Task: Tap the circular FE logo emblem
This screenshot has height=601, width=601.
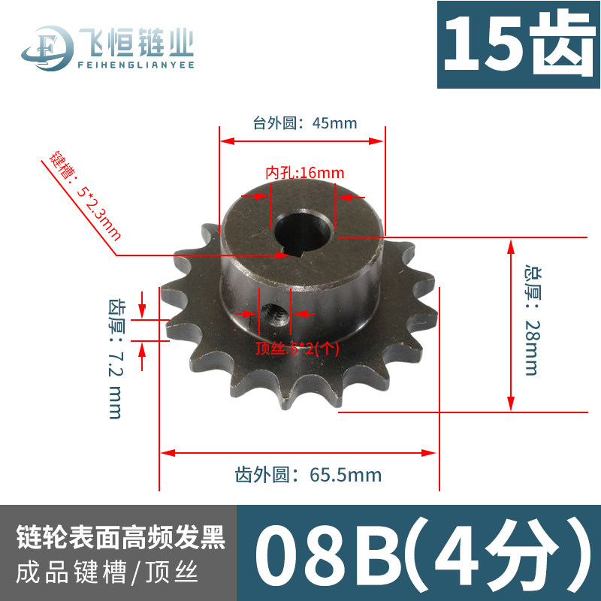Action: click(47, 48)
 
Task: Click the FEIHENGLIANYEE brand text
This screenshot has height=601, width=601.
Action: click(136, 65)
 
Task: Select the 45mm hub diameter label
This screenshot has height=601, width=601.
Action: click(305, 123)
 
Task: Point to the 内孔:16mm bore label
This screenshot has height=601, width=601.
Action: click(305, 173)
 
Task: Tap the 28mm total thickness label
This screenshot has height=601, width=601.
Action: click(533, 320)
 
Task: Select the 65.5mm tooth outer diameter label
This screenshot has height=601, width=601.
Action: click(308, 475)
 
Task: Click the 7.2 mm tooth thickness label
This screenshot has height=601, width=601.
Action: click(116, 359)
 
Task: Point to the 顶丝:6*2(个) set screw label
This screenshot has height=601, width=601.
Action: click(297, 349)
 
